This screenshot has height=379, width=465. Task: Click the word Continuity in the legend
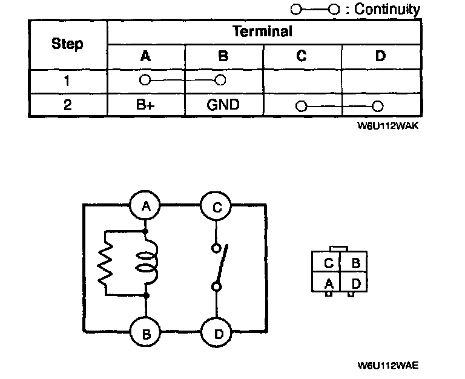point(387,9)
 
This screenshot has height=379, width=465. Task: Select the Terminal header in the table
point(262,31)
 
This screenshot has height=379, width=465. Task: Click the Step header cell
point(67,44)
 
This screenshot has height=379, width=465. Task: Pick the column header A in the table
point(145,56)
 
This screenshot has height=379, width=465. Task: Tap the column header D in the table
point(380,56)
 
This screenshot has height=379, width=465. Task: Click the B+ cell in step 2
point(145,105)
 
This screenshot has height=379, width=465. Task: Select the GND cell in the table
point(223,105)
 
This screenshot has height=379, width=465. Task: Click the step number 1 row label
point(67,80)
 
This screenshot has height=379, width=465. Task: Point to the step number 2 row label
point(67,105)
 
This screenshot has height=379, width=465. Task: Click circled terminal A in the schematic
point(146,207)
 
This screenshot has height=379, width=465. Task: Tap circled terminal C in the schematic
point(216,207)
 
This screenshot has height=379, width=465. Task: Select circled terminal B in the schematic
point(146,332)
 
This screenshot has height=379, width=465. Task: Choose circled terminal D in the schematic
point(216,332)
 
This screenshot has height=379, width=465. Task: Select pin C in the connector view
point(329,263)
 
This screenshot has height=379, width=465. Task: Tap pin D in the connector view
point(356,282)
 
